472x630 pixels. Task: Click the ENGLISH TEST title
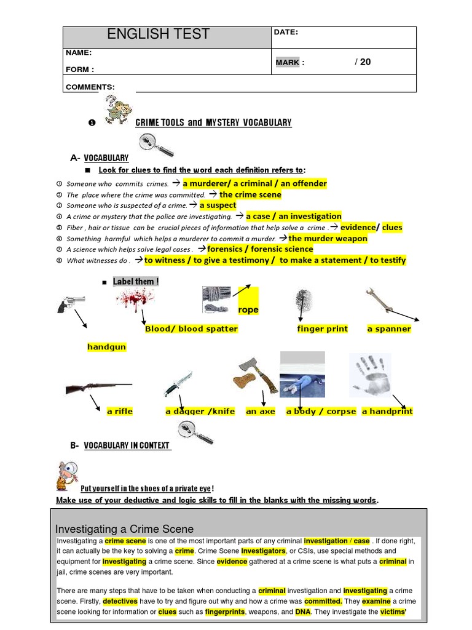pos(158,34)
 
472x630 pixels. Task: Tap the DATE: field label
pos(287,33)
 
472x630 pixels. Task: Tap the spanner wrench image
pos(382,301)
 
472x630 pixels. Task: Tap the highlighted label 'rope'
pos(248,310)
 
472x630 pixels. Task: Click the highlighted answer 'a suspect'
pos(218,205)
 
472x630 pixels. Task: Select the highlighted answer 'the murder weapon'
pos(328,239)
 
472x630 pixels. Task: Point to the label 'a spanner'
pos(389,329)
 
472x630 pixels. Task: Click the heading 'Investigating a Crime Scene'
pos(124,529)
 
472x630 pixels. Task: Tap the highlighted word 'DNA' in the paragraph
pos(303,612)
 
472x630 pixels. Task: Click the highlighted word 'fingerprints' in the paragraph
pos(224,612)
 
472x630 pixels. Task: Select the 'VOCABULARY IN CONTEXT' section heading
pos(127,445)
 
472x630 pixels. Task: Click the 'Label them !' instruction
pos(135,282)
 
